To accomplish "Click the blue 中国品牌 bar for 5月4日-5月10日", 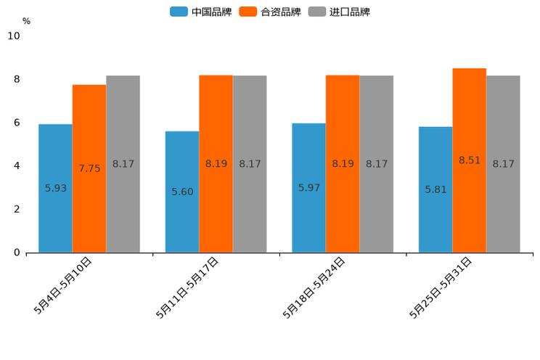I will coord(55,188).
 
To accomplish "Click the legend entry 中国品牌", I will coord(201,12).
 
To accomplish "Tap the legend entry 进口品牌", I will coord(339,12).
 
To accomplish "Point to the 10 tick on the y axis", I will coord(14,36).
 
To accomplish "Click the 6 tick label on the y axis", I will coord(17,123).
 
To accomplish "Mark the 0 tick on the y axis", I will coord(17,253).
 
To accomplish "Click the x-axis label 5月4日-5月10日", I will coord(64,285).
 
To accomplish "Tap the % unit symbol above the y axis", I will coord(26,21).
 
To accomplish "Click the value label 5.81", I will coord(435,189).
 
